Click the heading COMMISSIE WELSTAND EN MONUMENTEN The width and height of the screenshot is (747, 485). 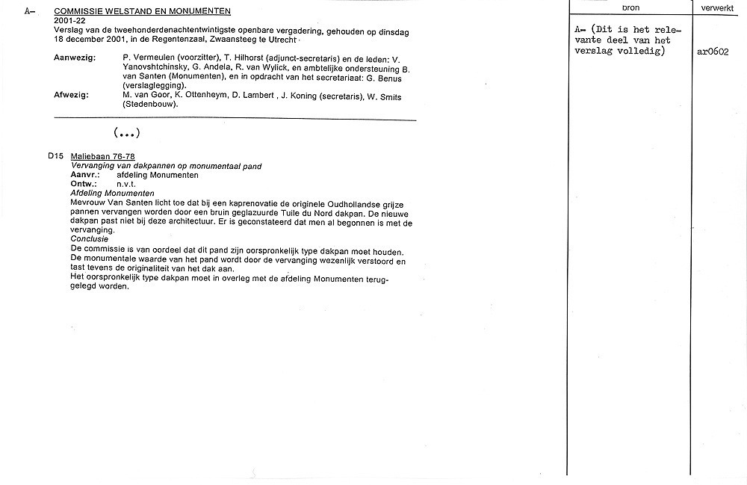click(143, 11)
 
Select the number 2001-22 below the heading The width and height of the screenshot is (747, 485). click(71, 20)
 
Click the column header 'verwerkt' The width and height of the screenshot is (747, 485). click(717, 7)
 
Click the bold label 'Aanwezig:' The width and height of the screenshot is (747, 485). click(75, 58)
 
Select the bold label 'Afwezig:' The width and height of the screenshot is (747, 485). click(72, 95)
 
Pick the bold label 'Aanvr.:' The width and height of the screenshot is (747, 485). click(85, 175)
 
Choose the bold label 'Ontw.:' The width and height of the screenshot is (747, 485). click(84, 184)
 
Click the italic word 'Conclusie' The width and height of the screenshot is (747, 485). click(90, 239)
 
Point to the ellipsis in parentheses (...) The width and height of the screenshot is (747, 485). click(127, 133)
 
